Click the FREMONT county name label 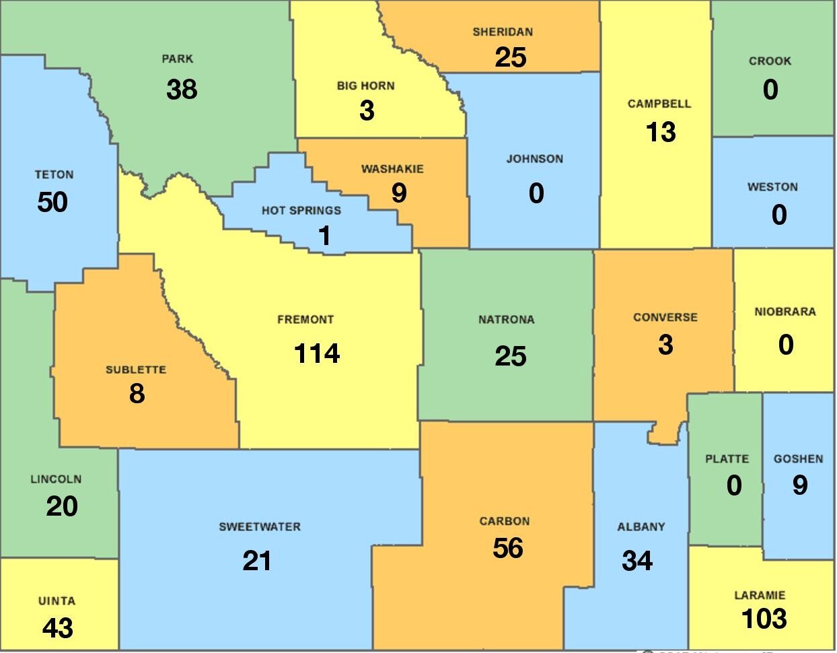pos(305,320)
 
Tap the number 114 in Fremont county pos(317,353)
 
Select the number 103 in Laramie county pos(764,619)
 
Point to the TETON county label pos(54,175)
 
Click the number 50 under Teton pos(52,202)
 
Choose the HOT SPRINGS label pos(301,211)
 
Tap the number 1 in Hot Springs pos(324,236)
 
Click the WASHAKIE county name pos(392,169)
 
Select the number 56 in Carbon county pos(507,548)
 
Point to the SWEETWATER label pos(260,527)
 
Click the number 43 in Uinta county pos(57,628)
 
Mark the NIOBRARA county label pos(785,312)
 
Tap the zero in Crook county pos(770,90)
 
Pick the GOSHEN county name pos(798,459)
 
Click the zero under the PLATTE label pos(734,485)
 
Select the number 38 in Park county pos(182,89)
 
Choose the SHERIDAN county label pos(503,32)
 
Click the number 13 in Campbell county pos(661,132)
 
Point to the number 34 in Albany pos(636,560)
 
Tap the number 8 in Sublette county pos(137,394)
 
